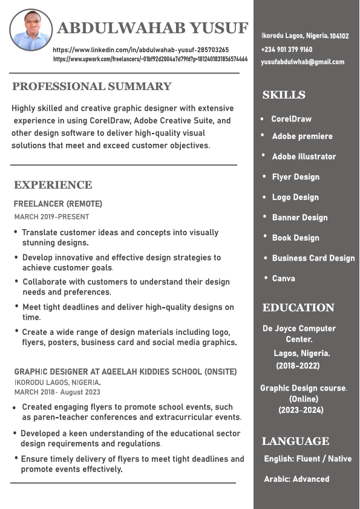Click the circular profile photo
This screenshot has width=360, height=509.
[31, 30]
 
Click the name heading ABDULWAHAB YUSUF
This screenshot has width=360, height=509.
[152, 28]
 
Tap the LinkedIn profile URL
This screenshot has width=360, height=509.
[141, 50]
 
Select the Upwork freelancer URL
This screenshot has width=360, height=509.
[150, 59]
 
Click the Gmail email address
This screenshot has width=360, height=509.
[303, 62]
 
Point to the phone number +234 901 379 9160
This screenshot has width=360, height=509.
[287, 50]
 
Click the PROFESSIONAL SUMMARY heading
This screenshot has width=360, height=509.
[92, 86]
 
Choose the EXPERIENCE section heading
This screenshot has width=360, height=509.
[53, 185]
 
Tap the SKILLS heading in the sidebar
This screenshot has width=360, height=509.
[284, 95]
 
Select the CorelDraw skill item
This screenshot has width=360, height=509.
[291, 119]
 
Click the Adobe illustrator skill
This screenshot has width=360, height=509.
[304, 157]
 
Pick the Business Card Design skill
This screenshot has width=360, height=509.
[313, 258]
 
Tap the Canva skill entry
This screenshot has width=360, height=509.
[284, 279]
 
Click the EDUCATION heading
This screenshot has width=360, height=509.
[298, 308]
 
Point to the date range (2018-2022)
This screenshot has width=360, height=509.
[298, 366]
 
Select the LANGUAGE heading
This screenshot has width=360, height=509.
[296, 441]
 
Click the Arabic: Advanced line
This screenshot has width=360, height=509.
[296, 479]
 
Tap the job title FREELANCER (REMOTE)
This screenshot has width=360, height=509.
[58, 204]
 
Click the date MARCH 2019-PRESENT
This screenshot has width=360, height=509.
[51, 216]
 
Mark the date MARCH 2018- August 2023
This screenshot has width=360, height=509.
[57, 392]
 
